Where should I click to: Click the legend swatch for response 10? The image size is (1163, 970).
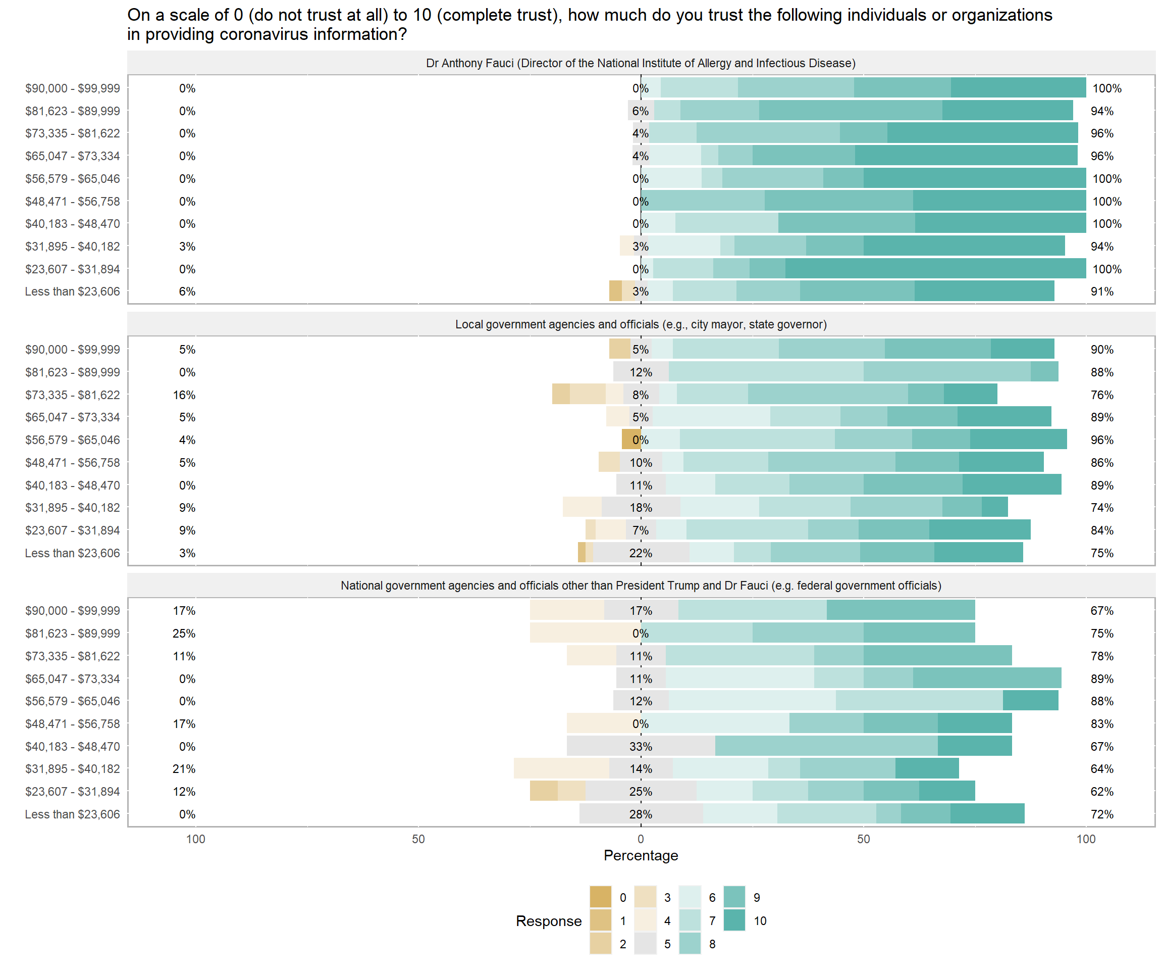click(x=734, y=920)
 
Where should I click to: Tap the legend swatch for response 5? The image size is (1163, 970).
click(x=645, y=944)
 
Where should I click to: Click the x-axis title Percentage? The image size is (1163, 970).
click(x=641, y=855)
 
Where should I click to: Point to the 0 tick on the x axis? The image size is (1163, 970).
click(x=641, y=839)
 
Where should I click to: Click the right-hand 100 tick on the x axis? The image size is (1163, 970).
click(x=1085, y=839)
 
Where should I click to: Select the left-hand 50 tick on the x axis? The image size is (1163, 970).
click(x=418, y=839)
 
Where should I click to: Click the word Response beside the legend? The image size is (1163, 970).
click(x=549, y=920)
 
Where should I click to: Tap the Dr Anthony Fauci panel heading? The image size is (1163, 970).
click(x=641, y=63)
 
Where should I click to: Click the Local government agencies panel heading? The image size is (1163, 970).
click(x=641, y=324)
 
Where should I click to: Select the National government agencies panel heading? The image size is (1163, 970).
click(x=641, y=586)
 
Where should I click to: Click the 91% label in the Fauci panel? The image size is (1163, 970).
click(x=1101, y=292)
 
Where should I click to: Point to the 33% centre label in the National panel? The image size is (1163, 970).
click(x=641, y=747)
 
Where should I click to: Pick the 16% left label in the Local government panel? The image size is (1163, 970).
click(x=184, y=395)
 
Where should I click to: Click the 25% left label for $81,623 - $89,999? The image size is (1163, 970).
click(x=184, y=634)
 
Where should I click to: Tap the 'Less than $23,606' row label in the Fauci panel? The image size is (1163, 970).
click(x=72, y=292)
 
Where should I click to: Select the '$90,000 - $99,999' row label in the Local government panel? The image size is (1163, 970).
click(x=72, y=350)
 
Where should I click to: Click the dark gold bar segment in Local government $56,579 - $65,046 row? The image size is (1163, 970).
click(x=631, y=440)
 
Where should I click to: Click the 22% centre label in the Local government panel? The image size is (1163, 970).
click(x=641, y=553)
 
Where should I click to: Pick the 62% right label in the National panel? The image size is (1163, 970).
click(x=1101, y=792)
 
